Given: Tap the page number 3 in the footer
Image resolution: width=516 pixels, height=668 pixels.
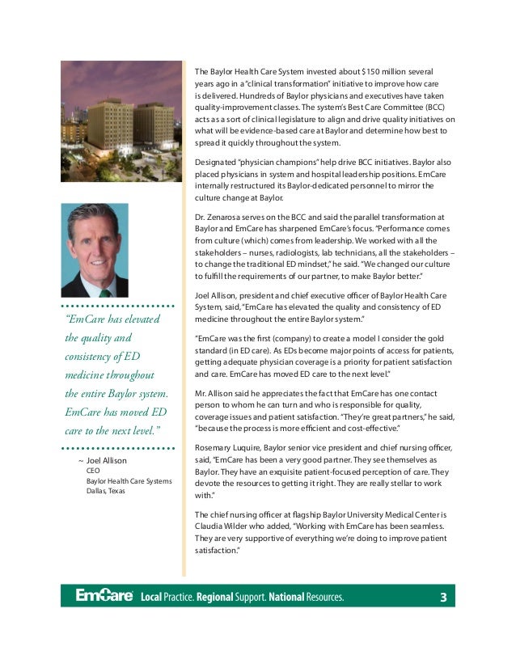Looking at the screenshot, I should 442,598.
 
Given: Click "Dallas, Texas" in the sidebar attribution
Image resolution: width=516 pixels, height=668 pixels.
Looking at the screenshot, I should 106,491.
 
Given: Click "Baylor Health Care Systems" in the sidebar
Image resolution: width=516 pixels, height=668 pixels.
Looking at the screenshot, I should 129,481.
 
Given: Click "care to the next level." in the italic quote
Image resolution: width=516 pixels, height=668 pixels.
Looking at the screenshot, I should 112,429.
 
